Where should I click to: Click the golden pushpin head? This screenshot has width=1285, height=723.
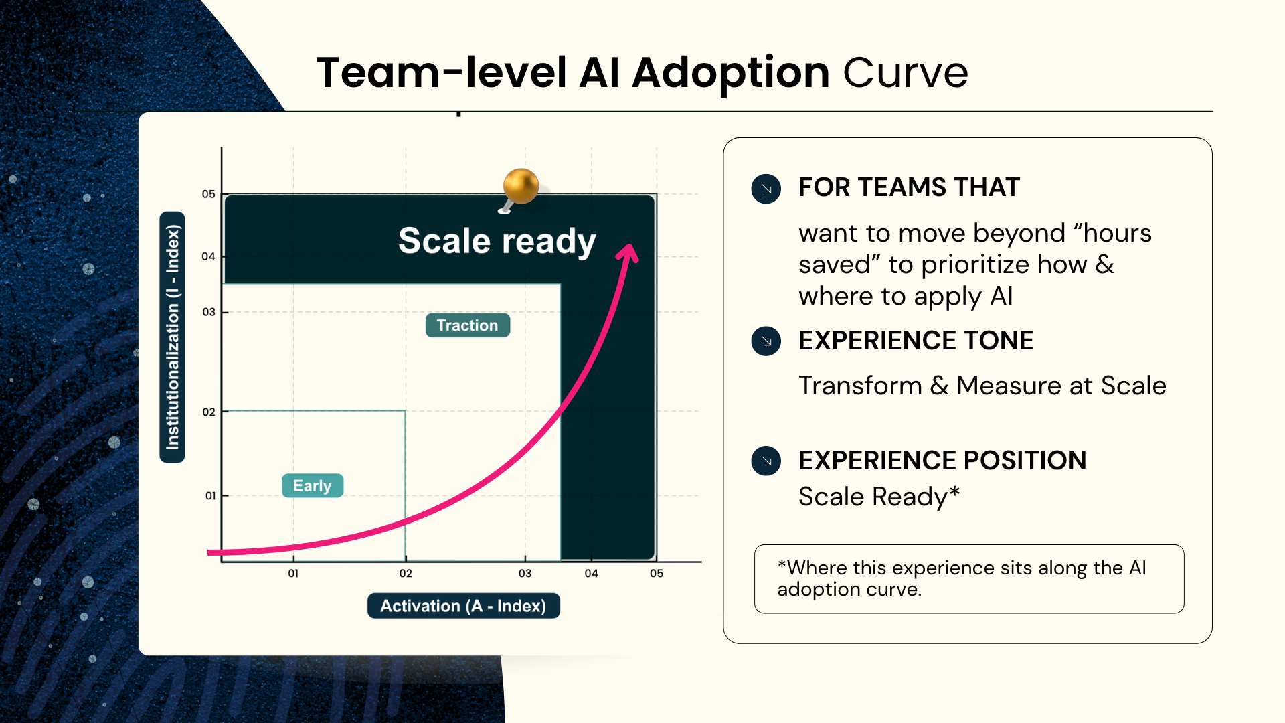coord(521,185)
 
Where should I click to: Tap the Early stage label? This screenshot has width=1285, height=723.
coord(313,485)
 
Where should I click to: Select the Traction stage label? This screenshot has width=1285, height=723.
coord(467,325)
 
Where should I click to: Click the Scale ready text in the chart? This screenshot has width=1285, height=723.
coord(497,241)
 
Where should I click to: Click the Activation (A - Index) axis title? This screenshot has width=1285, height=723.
coord(463,606)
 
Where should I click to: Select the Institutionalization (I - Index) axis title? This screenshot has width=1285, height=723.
coord(172,337)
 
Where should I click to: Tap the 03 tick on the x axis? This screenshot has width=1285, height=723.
coord(525,573)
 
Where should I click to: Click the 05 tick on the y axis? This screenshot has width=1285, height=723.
coord(209,194)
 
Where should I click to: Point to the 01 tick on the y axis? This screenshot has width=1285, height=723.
coord(210,496)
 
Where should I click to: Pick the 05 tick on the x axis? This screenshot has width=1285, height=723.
coord(657,573)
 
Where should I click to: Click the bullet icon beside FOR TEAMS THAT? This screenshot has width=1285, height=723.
coord(766,189)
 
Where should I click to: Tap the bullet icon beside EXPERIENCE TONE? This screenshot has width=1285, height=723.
coord(766,341)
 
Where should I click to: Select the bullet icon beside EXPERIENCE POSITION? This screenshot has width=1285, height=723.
coord(766,461)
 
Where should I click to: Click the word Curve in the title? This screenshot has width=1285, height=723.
coord(906,72)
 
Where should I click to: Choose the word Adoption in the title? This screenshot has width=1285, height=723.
coord(731,74)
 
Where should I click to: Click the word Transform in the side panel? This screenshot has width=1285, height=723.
coord(861,386)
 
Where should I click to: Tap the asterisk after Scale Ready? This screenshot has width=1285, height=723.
coord(954,493)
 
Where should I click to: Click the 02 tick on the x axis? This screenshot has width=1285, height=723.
coord(406,573)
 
